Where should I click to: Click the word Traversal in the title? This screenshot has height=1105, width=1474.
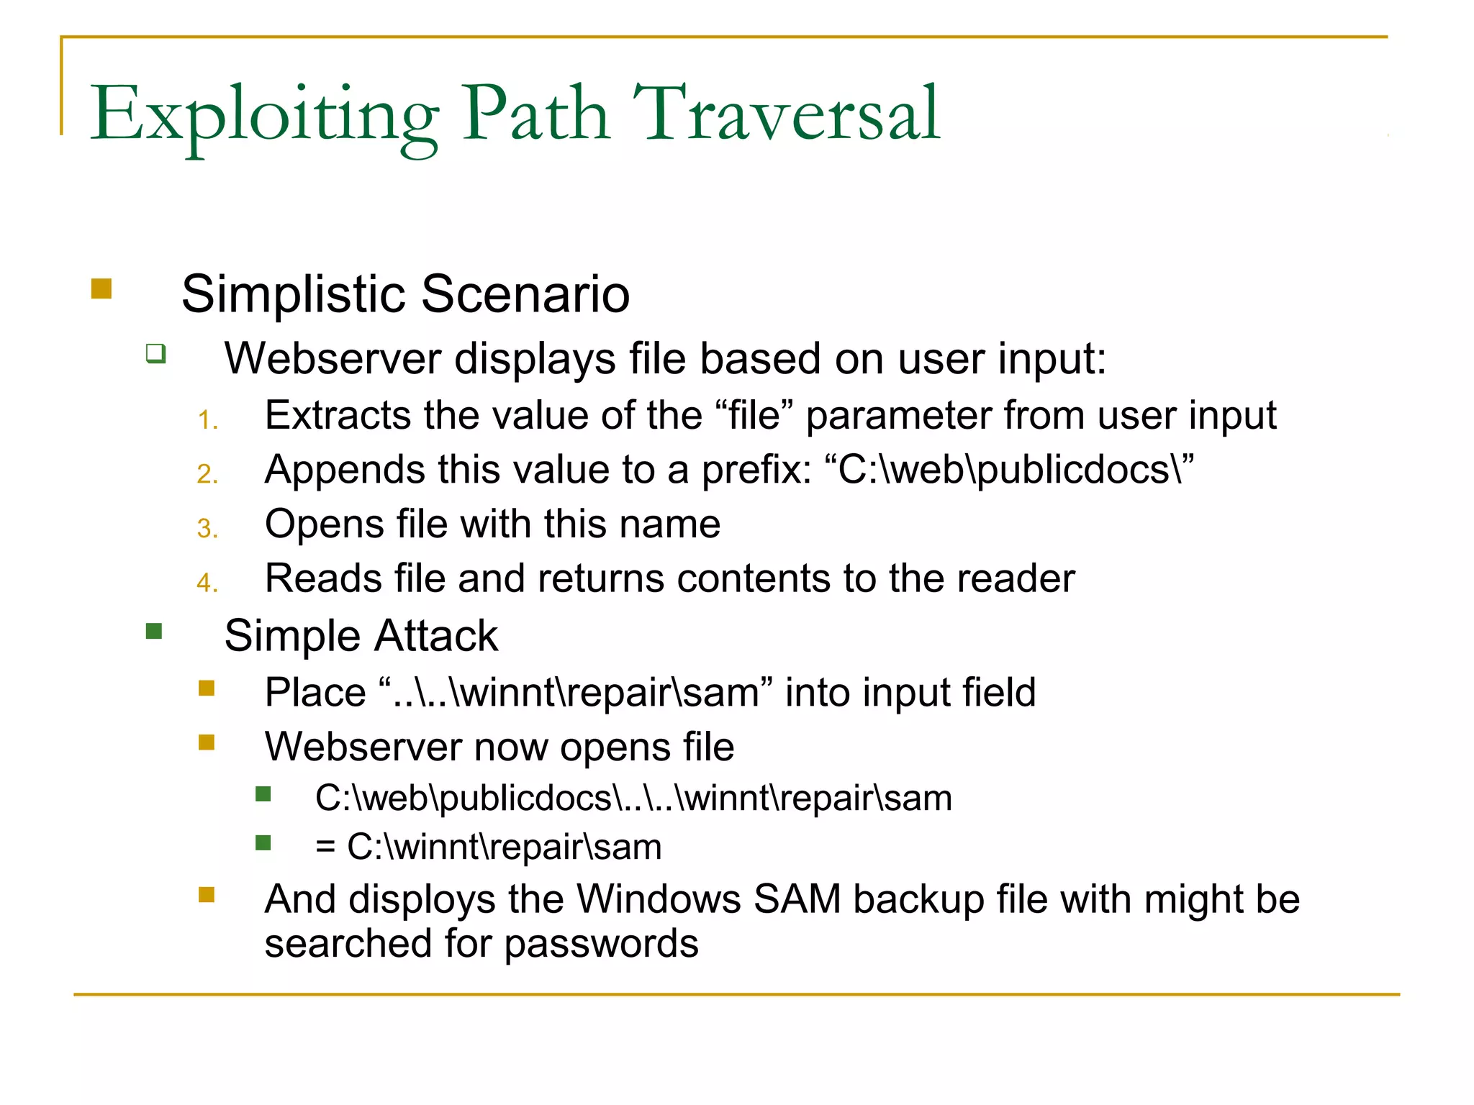[x=786, y=113]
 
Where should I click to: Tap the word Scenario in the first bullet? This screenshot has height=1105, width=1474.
[x=525, y=294]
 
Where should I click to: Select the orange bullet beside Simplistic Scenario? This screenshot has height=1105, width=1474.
[x=101, y=288]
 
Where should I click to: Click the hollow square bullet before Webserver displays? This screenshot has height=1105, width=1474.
[x=155, y=354]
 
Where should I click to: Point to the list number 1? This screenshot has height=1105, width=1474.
[x=207, y=420]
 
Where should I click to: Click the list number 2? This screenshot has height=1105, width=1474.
[x=207, y=474]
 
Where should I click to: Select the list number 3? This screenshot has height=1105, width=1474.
[x=207, y=529]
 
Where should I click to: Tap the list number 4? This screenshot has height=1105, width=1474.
[x=207, y=583]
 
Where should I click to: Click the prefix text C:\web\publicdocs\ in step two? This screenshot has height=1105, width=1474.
[x=1008, y=470]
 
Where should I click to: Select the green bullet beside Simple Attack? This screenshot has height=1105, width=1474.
[x=154, y=632]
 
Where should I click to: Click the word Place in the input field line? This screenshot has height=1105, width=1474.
[x=315, y=693]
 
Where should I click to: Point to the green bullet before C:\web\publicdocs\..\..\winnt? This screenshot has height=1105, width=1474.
[x=263, y=794]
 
